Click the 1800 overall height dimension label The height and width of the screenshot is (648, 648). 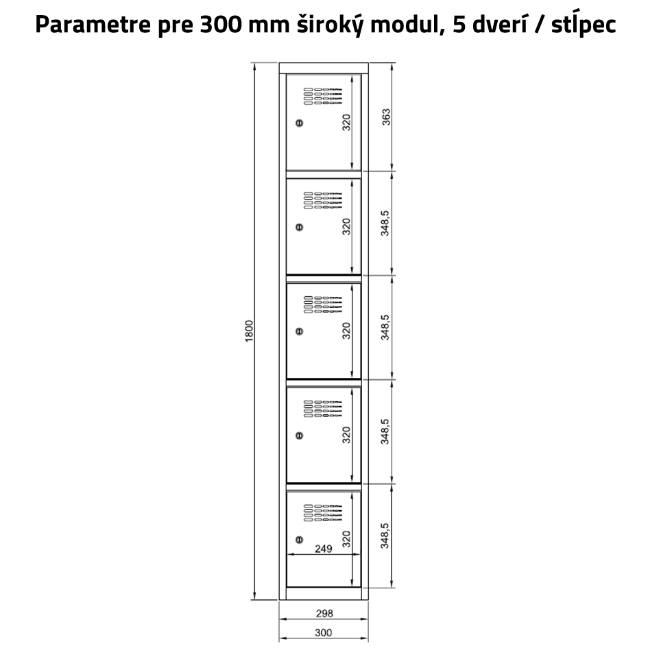pyautogui.click(x=249, y=331)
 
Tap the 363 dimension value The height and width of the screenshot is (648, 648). pyautogui.click(x=385, y=117)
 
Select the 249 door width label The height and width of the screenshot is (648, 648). pyautogui.click(x=323, y=549)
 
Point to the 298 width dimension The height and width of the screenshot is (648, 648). pyautogui.click(x=324, y=613)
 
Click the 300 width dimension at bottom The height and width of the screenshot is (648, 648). pyautogui.click(x=323, y=632)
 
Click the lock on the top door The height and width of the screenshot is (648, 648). pyautogui.click(x=299, y=123)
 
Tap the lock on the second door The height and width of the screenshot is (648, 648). pyautogui.click(x=299, y=227)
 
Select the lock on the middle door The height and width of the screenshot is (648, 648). pyautogui.click(x=299, y=331)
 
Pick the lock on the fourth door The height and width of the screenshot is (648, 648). pyautogui.click(x=299, y=435)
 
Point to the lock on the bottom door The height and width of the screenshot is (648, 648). pyautogui.click(x=299, y=539)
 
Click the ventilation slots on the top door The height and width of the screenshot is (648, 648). pyautogui.click(x=323, y=96)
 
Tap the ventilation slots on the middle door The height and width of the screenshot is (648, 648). pyautogui.click(x=323, y=304)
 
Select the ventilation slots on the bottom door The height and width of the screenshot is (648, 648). pyautogui.click(x=323, y=512)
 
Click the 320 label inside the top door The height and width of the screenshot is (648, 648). pyautogui.click(x=346, y=122)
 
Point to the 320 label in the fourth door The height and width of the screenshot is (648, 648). pyautogui.click(x=346, y=435)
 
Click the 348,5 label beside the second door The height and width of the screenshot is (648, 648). pyautogui.click(x=385, y=223)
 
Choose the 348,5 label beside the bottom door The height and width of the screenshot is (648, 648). pyautogui.click(x=385, y=536)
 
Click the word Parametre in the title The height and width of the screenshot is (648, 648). pyautogui.click(x=93, y=25)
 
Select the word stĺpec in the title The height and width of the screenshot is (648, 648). pyautogui.click(x=584, y=25)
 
